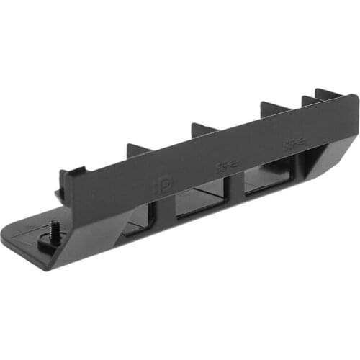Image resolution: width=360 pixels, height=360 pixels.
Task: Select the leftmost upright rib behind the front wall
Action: (x=138, y=150)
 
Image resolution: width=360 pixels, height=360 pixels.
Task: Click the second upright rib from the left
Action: (x=204, y=130)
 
